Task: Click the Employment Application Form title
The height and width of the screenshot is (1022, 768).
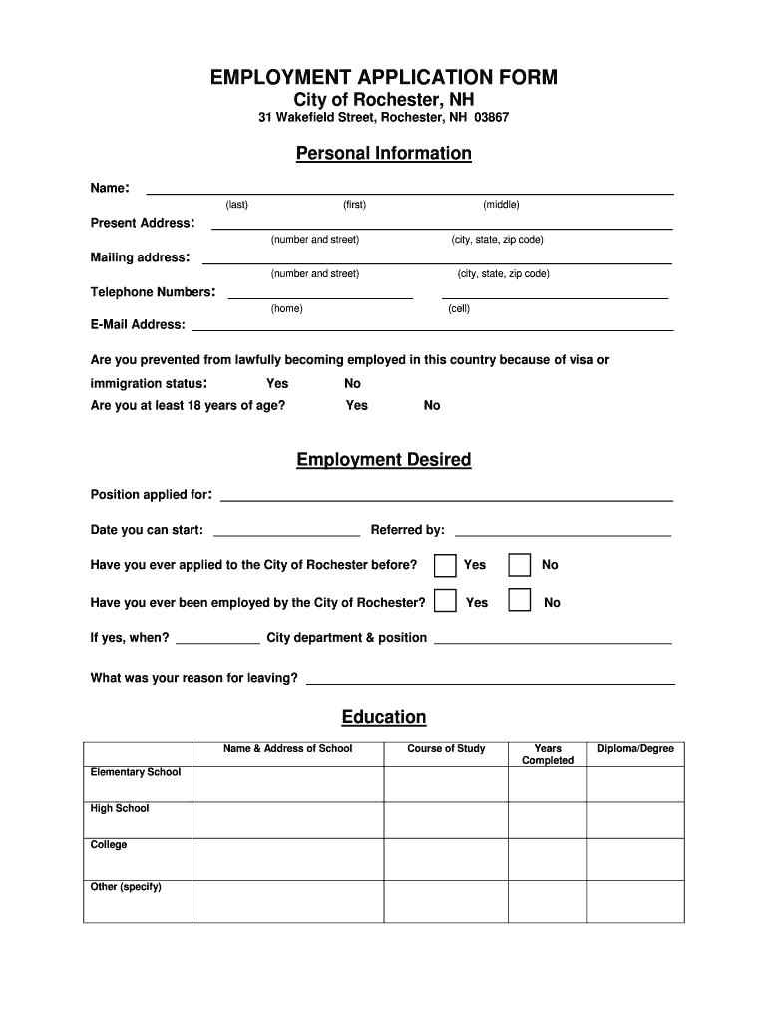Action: [x=384, y=78]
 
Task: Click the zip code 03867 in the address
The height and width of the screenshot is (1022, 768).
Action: [x=492, y=118]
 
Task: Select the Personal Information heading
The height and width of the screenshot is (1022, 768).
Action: [x=384, y=153]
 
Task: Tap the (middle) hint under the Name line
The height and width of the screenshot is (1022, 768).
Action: [x=501, y=205]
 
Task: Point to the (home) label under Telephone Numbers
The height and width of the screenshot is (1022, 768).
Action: [x=286, y=309]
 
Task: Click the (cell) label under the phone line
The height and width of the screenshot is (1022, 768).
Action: [x=459, y=309]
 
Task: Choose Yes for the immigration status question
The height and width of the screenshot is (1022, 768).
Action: [x=277, y=383]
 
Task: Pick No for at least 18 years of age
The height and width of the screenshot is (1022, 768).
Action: [x=432, y=405]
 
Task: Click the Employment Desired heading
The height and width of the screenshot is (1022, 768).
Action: [x=384, y=460]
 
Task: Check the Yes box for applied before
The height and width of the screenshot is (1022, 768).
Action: [x=446, y=565]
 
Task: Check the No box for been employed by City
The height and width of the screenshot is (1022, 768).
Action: [x=520, y=601]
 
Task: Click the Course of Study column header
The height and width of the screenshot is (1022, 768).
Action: [x=446, y=749]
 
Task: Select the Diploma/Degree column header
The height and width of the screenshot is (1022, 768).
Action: [x=635, y=749]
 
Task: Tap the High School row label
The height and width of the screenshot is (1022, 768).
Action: [x=120, y=809]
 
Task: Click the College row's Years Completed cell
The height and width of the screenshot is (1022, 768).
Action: [x=548, y=859]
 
